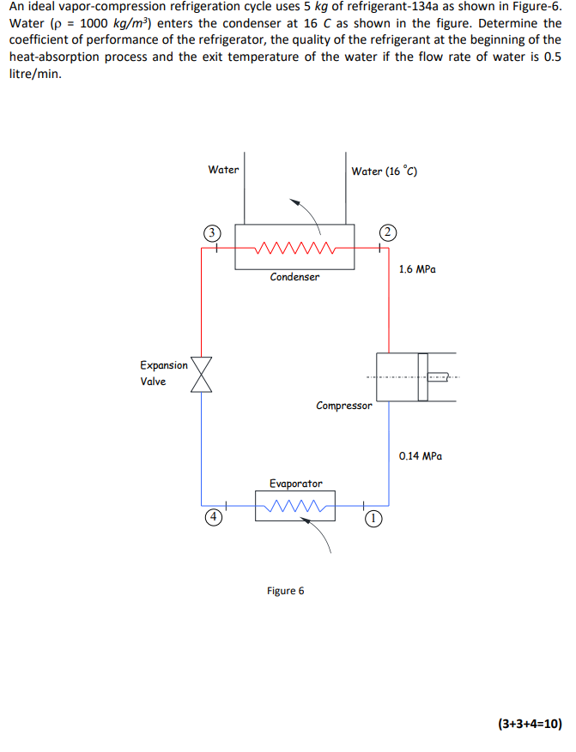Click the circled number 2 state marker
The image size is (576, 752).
[x=389, y=232]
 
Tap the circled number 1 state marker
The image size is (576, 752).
[x=373, y=518]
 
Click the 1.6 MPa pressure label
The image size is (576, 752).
[x=418, y=269]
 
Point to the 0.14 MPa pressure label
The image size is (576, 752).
[x=421, y=457]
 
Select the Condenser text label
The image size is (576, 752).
[x=294, y=277]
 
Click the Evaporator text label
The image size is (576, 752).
[x=296, y=484]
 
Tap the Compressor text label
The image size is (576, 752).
[x=344, y=406]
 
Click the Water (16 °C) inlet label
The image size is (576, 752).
[x=385, y=171]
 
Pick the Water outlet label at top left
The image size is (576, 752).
[x=223, y=170]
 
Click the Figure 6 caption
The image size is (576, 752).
[x=286, y=590]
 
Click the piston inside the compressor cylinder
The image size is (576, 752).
[x=422, y=376]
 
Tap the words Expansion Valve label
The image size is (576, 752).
[x=163, y=374]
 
